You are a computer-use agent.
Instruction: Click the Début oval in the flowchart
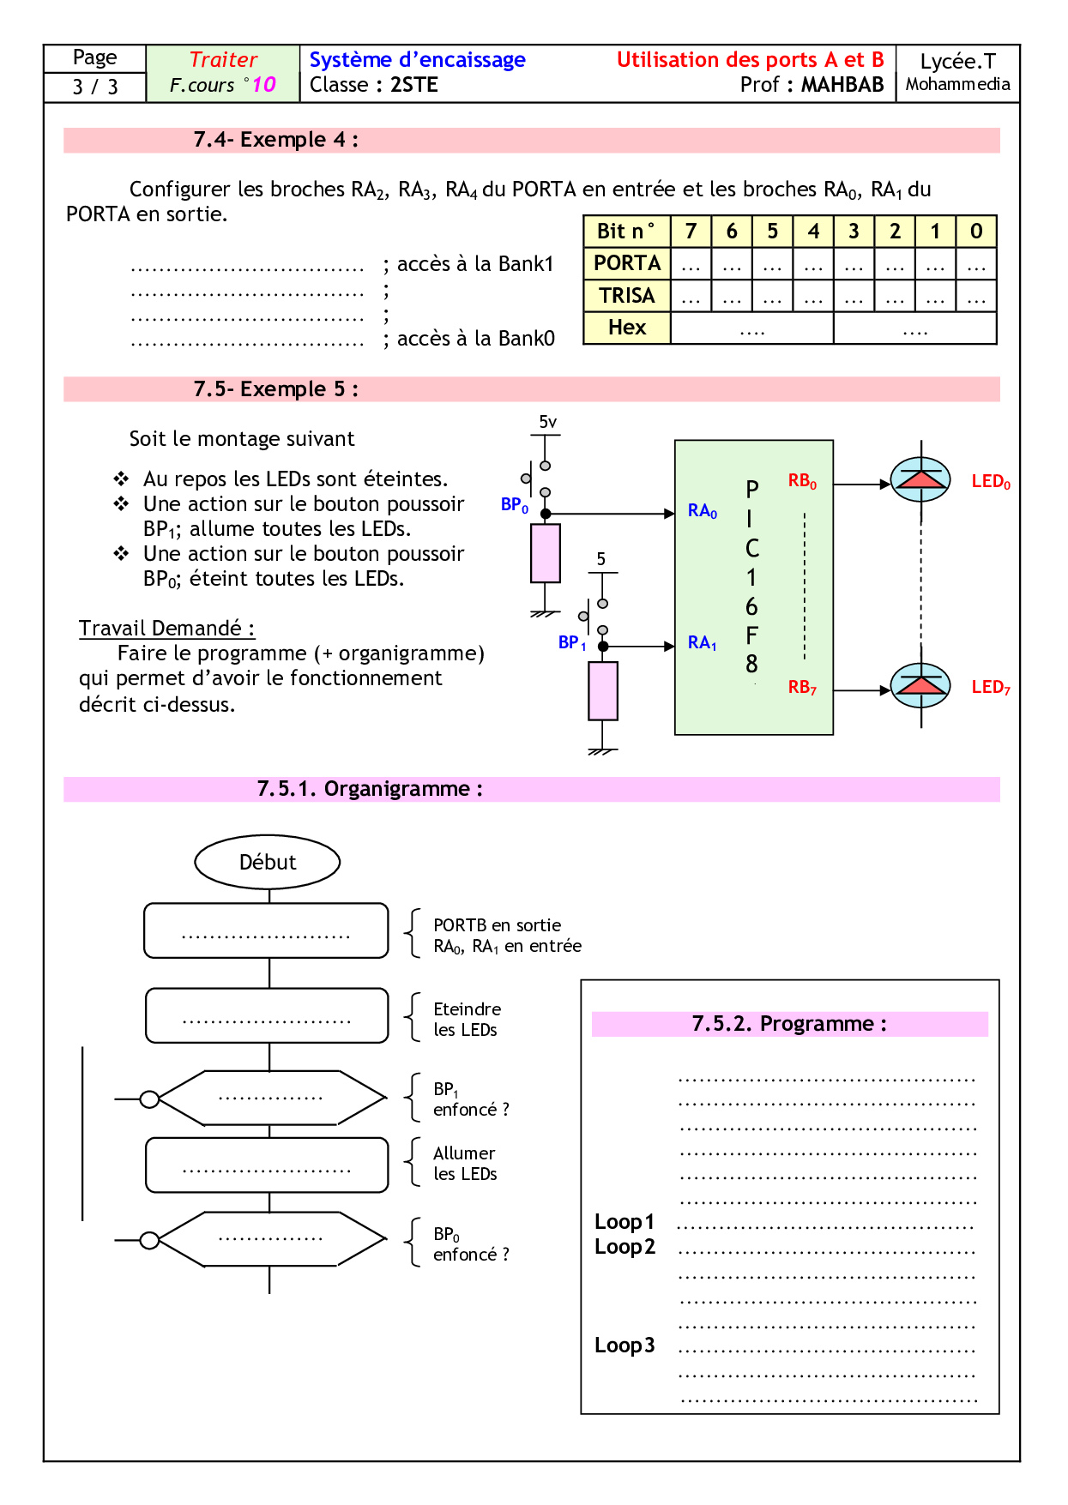point(268,862)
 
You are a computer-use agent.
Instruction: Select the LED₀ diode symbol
point(920,479)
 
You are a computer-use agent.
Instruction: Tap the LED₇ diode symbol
point(920,685)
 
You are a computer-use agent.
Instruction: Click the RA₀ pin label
point(702,511)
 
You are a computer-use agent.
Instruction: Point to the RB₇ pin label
point(802,687)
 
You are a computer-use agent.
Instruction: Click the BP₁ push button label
point(571,642)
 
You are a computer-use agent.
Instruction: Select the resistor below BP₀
point(546,553)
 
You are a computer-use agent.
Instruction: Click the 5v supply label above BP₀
point(547,422)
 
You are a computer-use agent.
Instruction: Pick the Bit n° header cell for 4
point(813,232)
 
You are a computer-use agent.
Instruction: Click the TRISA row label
point(627,296)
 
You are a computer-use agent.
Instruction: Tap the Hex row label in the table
point(627,328)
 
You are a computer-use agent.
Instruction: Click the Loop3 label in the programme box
point(625,1345)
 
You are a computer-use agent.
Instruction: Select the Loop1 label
point(625,1222)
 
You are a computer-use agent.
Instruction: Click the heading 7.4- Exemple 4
point(275,140)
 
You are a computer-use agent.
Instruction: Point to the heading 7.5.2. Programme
point(789,1024)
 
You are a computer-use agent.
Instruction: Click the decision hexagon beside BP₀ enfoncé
point(269,1239)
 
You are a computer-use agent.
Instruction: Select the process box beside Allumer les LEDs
point(267,1165)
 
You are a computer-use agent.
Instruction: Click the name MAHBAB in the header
point(842,85)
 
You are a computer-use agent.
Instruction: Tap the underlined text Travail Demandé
point(166,629)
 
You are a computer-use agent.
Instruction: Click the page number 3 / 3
point(95,87)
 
